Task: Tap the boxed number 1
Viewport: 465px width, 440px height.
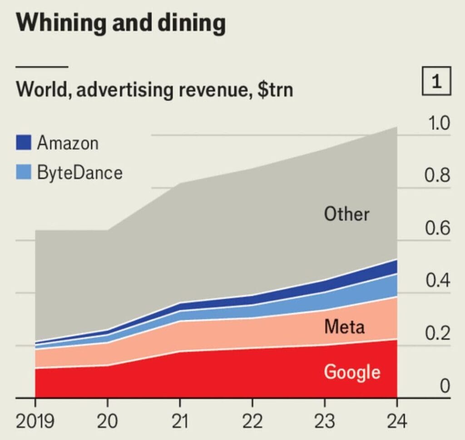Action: pyautogui.click(x=436, y=81)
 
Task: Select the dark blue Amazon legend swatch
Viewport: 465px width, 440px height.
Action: pyautogui.click(x=24, y=142)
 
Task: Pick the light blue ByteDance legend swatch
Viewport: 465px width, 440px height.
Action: pyautogui.click(x=24, y=172)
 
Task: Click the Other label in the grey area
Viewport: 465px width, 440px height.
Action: pyautogui.click(x=346, y=214)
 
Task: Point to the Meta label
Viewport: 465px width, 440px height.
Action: pyautogui.click(x=344, y=326)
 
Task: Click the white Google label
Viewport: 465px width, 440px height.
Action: pyautogui.click(x=352, y=372)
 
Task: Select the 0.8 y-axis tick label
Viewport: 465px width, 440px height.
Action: pyautogui.click(x=437, y=175)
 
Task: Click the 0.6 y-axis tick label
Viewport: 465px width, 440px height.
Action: pyautogui.click(x=437, y=227)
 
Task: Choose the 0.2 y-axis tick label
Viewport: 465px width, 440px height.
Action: pyautogui.click(x=438, y=333)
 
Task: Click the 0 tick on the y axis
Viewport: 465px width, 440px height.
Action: pyautogui.click(x=445, y=386)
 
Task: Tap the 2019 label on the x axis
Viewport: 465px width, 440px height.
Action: pyautogui.click(x=35, y=421)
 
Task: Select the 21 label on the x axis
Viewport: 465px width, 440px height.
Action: pyautogui.click(x=180, y=421)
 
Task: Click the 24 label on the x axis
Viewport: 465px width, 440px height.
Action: pyautogui.click(x=397, y=421)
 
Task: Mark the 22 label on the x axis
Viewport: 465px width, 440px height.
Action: pyautogui.click(x=252, y=421)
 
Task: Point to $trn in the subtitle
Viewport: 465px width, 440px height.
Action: pyautogui.click(x=275, y=89)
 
